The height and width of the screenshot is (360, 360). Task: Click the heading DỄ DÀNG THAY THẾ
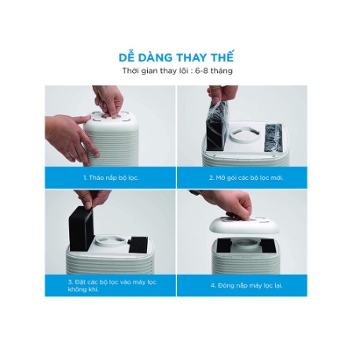point(176,57)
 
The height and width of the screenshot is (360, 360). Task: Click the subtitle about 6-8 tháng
point(178,71)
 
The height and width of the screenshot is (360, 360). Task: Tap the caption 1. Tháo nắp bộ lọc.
point(111,178)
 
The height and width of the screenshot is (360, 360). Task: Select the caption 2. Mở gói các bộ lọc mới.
point(246,178)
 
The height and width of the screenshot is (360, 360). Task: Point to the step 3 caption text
point(112,285)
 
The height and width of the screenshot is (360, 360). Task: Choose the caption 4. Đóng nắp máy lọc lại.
point(247,285)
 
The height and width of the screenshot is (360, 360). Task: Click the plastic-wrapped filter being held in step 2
point(217,126)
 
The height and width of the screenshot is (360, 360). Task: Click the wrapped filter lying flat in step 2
point(274,138)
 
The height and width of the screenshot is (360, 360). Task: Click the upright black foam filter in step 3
point(81,228)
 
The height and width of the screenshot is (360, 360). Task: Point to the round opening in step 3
point(111,241)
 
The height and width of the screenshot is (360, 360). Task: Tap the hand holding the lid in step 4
point(230,202)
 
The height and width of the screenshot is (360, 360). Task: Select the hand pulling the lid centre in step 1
point(108,101)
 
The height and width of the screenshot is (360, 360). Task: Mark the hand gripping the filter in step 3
point(92,197)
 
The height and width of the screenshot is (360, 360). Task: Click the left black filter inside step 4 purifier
point(224,245)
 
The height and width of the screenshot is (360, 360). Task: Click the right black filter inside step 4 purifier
point(268,246)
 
